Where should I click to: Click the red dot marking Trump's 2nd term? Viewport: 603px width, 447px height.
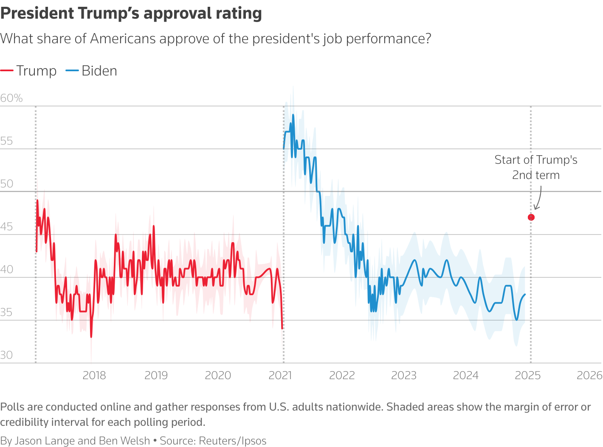tap(531, 217)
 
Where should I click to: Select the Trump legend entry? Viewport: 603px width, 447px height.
tap(28, 71)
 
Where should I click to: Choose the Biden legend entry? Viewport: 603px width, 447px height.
tap(91, 71)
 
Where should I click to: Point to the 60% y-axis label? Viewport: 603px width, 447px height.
tap(11, 98)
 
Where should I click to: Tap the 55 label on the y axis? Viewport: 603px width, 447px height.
tap(6, 141)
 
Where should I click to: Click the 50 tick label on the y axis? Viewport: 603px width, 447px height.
tap(6, 184)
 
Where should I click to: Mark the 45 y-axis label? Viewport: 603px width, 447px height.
tap(6, 226)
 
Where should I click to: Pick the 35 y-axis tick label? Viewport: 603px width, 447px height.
tap(6, 312)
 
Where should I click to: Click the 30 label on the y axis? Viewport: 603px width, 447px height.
tap(6, 355)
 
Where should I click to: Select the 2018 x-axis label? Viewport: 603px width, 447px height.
tap(94, 375)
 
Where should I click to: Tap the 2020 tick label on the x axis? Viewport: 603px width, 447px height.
tap(218, 375)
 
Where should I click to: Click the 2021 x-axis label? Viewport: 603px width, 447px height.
tap(280, 375)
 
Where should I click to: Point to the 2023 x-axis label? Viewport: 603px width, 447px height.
tap(404, 375)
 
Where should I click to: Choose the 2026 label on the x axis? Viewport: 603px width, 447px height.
tap(589, 375)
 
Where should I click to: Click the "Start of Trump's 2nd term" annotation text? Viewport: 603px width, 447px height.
tap(536, 167)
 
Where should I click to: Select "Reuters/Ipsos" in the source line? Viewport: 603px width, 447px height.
tap(233, 441)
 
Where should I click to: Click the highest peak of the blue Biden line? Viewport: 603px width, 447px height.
tap(293, 115)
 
